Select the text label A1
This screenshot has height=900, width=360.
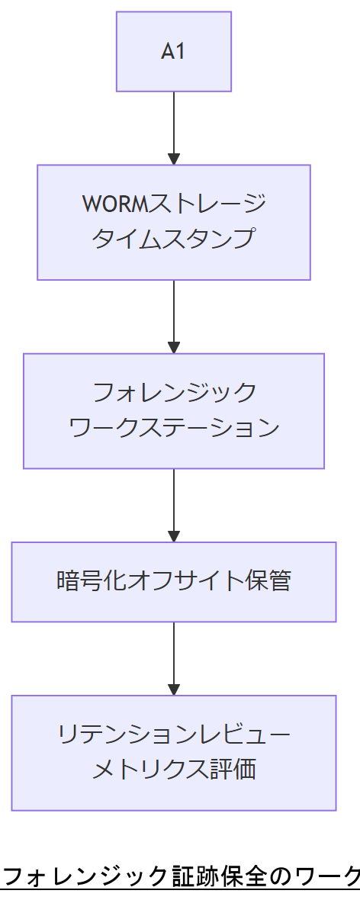(x=174, y=52)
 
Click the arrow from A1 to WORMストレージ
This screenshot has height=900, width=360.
(x=174, y=126)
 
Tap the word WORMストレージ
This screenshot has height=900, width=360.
(x=174, y=204)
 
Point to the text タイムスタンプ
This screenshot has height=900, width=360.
(x=174, y=239)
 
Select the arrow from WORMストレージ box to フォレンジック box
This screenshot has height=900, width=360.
(x=174, y=314)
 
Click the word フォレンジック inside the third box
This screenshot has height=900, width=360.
(x=174, y=393)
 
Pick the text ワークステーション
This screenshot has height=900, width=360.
(x=174, y=427)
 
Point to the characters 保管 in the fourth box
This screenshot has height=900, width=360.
(x=270, y=581)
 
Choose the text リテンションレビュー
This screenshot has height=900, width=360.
(x=174, y=734)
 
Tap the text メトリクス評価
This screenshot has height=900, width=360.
(x=174, y=770)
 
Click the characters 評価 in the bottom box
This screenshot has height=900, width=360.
(x=232, y=770)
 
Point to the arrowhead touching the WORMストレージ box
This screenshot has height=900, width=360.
(x=174, y=159)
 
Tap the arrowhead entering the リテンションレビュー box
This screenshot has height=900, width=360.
(x=174, y=689)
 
